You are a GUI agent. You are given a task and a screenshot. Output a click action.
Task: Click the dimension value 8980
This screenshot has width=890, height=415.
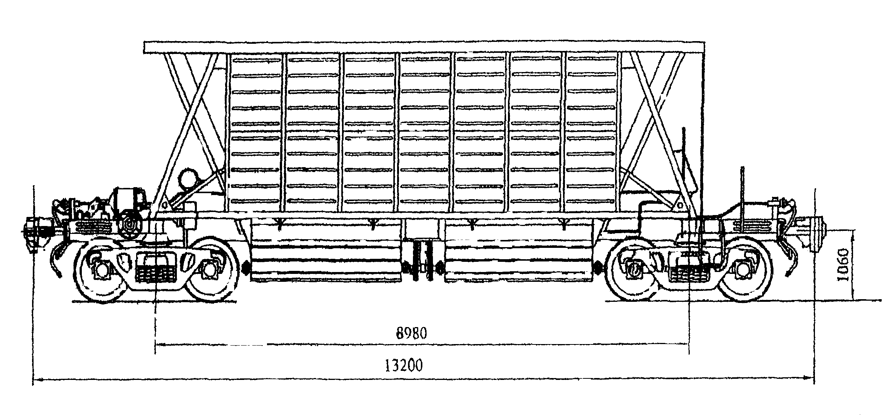(411, 334)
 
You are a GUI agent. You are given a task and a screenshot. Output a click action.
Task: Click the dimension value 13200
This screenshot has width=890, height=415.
(404, 366)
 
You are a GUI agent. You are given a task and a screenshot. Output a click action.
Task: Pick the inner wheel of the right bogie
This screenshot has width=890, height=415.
(634, 269)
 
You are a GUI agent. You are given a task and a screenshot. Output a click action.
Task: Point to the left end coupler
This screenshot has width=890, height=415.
(36, 229)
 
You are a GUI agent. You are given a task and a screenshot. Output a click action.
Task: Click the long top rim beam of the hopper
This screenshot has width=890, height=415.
(424, 47)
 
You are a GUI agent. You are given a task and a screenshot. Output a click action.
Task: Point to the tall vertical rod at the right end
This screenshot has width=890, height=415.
(742, 196)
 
